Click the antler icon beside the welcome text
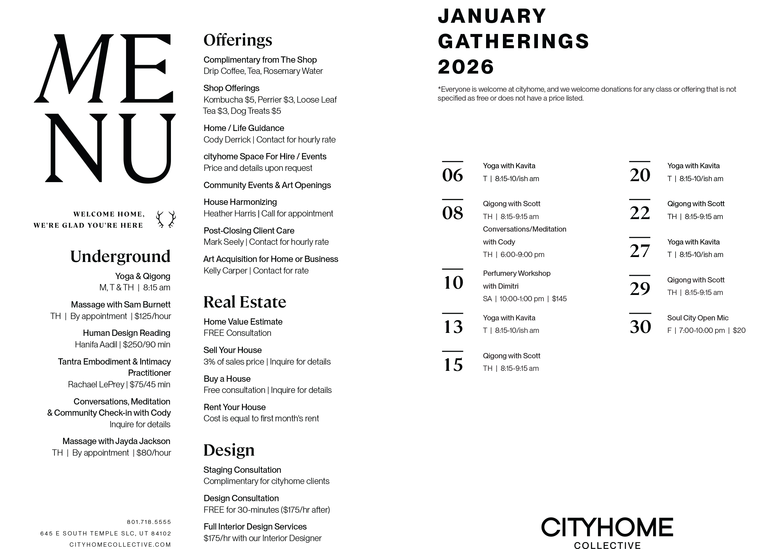click(166, 219)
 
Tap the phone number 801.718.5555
click(149, 522)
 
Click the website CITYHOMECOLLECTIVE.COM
click(120, 545)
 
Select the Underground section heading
click(120, 257)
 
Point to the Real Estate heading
click(245, 302)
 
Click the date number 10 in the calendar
click(453, 282)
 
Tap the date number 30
click(640, 327)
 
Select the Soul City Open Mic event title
click(697, 318)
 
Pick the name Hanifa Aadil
click(96, 344)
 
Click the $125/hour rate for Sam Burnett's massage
click(153, 316)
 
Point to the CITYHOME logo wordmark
click(607, 528)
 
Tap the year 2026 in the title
click(466, 67)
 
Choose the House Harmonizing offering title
click(240, 202)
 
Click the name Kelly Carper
click(225, 271)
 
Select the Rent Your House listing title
click(234, 407)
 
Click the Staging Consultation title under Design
click(242, 470)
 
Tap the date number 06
click(452, 175)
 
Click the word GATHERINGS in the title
click(513, 42)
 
